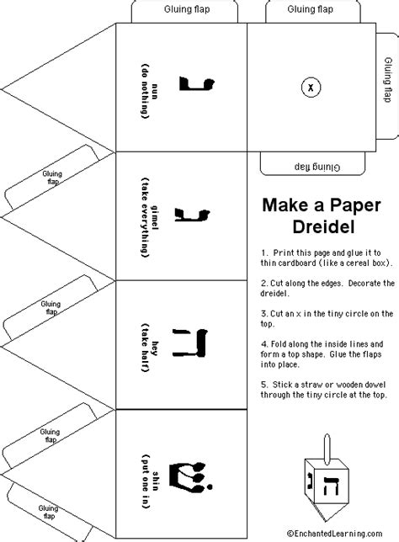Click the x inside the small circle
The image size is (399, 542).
(311, 88)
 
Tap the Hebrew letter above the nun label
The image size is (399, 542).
(197, 84)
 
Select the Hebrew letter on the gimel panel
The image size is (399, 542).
(192, 215)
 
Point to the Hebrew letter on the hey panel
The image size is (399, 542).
(189, 343)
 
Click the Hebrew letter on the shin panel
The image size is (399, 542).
(191, 476)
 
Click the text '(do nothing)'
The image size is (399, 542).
(146, 91)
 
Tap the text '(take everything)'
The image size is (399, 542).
(146, 218)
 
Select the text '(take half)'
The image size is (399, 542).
(146, 348)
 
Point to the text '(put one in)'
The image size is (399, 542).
(146, 481)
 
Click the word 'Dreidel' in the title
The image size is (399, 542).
(323, 227)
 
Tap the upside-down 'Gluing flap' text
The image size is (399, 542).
(317, 167)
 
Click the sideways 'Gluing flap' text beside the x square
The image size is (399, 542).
(388, 80)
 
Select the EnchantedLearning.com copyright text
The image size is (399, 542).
(335, 534)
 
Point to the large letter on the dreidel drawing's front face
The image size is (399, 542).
(331, 486)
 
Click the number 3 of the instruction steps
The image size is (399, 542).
(263, 314)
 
